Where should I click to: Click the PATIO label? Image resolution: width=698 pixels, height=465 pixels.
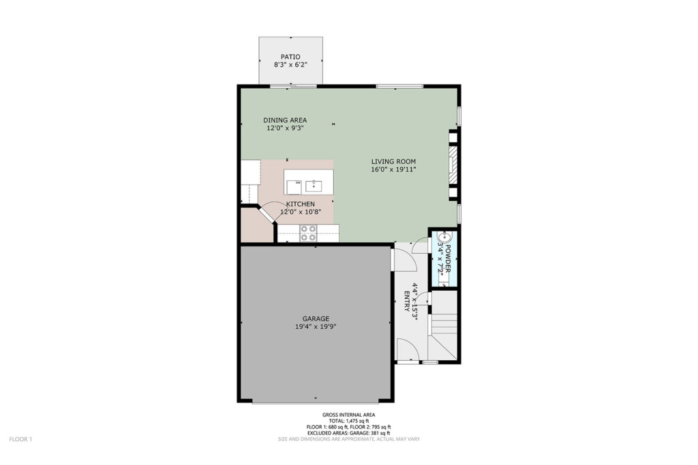point(290,57)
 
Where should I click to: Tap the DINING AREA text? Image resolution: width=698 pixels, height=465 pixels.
point(285,120)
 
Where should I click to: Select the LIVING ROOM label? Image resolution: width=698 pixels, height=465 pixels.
point(393,161)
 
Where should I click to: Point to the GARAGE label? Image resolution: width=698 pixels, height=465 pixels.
point(316,319)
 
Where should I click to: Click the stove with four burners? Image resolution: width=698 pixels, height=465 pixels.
point(308,234)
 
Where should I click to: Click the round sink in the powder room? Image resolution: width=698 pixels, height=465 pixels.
point(444,238)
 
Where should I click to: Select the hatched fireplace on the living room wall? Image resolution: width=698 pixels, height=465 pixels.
point(453,165)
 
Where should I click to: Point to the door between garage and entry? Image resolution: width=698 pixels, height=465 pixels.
point(404,259)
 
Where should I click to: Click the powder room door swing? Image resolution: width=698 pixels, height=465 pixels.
point(420,246)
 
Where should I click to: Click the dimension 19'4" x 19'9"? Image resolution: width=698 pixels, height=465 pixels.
point(316,327)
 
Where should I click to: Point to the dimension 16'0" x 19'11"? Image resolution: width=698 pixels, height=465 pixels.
point(393,170)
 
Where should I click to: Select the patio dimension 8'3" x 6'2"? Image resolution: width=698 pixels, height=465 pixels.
point(290,65)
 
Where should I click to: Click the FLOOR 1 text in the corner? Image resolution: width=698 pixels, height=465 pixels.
point(20,439)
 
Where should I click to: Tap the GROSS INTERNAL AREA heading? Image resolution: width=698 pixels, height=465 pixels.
point(348,415)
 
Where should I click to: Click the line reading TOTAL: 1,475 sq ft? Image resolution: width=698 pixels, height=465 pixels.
point(348,421)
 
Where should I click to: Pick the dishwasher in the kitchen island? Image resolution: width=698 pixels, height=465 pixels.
point(294,187)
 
